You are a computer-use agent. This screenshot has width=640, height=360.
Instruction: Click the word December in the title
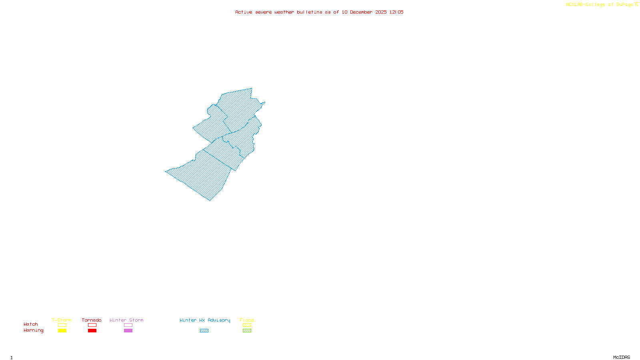tap(361, 12)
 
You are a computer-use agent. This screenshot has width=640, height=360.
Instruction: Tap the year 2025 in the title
tap(381, 12)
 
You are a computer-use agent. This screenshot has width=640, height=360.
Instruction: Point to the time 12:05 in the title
tap(396, 12)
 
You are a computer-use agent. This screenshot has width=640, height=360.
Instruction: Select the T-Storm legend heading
tap(62, 320)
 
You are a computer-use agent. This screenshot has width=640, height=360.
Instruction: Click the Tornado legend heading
tap(92, 320)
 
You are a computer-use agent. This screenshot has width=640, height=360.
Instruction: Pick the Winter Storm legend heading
tap(126, 320)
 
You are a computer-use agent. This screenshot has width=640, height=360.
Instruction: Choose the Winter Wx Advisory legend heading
tap(205, 320)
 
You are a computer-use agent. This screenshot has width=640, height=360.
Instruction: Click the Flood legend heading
tap(247, 320)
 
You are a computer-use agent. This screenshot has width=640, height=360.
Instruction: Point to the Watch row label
tap(31, 324)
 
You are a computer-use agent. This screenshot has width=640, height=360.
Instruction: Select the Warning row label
tap(34, 330)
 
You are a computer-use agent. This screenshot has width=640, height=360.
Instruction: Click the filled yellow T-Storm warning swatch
tap(62, 331)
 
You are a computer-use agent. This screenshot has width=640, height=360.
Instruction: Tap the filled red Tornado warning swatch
tap(92, 331)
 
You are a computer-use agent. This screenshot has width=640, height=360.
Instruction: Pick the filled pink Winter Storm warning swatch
tap(128, 331)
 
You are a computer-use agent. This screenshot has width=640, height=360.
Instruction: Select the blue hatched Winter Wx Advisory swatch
tap(204, 331)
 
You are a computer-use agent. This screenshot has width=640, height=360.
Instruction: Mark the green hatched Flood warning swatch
tap(247, 331)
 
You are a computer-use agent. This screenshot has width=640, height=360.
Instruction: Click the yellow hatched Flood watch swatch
tap(247, 325)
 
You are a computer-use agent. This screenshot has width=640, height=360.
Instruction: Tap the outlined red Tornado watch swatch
tap(92, 325)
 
